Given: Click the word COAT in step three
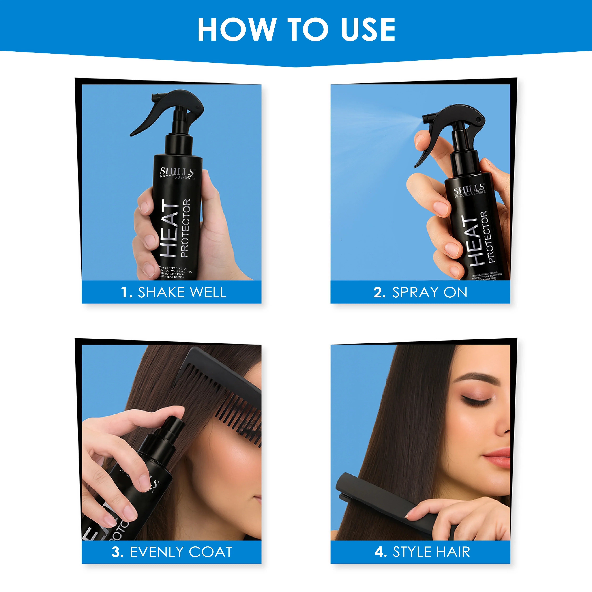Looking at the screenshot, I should point(211,552).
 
